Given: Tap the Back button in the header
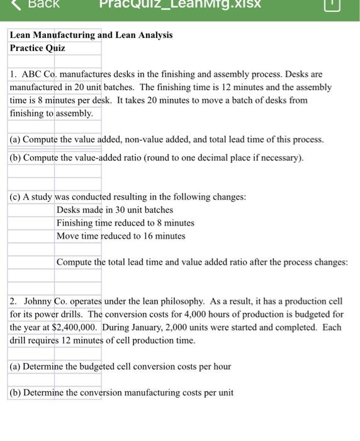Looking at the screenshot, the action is tap(38, 5).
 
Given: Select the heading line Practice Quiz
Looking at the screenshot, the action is tap(37, 48).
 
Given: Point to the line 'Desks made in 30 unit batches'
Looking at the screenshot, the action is tap(115, 210).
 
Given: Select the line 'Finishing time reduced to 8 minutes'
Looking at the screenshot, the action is tap(125, 223).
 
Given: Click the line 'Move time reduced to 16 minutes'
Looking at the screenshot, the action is tap(121, 236).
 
